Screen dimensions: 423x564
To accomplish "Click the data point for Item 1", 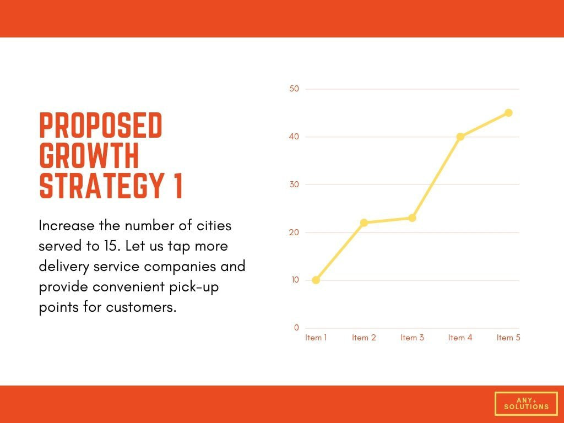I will coord(316,280).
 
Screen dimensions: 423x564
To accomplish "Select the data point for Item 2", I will coord(364,223).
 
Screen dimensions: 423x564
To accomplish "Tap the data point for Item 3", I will coord(412,218).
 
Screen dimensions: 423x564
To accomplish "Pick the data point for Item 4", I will coord(460,137).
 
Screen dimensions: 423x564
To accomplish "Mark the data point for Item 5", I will coord(508,113).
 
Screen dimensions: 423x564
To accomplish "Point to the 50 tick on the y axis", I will coord(294,89).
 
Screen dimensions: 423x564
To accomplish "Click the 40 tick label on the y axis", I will coord(294,137).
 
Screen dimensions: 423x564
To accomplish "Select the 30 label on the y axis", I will coord(294,185).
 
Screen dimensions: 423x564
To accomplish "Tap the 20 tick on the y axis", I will coord(294,232).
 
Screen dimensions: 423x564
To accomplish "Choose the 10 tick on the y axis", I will coord(295,280).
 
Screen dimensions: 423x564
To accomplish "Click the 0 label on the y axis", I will coord(297,328).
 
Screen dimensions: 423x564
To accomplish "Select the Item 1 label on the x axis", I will coord(316,338).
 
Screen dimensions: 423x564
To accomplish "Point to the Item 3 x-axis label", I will coord(412,338).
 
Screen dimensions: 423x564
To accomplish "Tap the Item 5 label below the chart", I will coord(508,338).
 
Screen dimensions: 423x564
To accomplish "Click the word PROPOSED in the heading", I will coord(101,126).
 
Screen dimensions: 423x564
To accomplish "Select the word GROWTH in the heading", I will coord(89,156).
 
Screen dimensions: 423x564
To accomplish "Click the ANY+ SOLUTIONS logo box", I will coord(527,404).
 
